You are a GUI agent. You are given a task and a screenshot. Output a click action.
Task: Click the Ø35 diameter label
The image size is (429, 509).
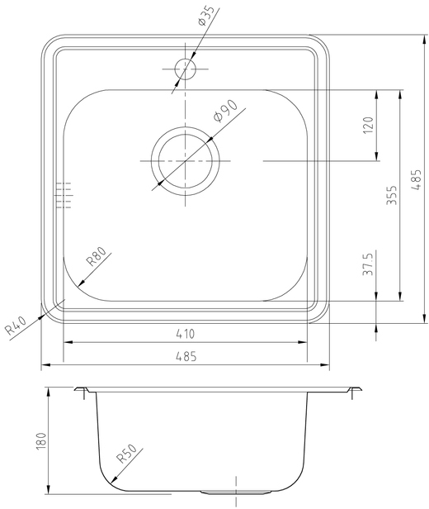point(205,16)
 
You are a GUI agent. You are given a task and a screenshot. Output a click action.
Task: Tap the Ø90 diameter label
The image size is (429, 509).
point(225,111)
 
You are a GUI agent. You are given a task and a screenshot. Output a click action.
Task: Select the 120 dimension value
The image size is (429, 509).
point(369,125)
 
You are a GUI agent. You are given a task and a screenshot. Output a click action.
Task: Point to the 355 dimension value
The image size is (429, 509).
point(392,195)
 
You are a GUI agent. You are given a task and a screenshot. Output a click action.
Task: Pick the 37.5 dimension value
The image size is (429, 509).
point(368,264)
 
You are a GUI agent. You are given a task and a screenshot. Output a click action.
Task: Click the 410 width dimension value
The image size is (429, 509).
point(186,333)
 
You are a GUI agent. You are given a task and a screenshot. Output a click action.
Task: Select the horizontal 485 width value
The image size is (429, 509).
point(186,356)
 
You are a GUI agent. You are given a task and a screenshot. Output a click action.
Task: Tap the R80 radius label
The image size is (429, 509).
point(96,256)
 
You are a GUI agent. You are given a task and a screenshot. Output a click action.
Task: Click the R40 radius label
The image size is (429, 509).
point(16,326)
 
